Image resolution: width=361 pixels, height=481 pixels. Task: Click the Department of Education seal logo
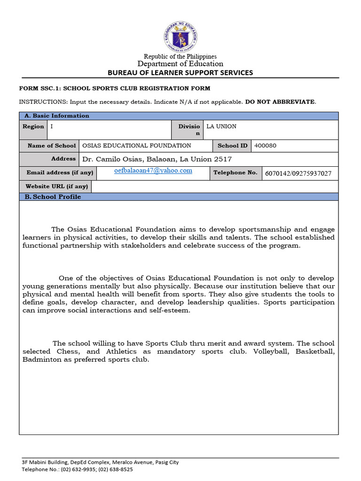[x=180, y=37]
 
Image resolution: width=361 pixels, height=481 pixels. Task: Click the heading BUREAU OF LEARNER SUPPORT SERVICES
[x=180, y=72]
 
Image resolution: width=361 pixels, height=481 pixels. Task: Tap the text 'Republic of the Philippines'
[x=180, y=56]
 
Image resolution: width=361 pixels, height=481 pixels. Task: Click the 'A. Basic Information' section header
[x=57, y=116]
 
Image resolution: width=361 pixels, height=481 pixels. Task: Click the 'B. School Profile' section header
[x=53, y=197]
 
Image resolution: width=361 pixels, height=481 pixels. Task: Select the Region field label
[x=33, y=126]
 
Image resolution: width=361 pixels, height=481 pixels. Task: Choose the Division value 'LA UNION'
[x=221, y=126]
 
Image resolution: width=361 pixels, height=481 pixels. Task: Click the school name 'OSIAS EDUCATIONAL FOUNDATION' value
[x=137, y=146]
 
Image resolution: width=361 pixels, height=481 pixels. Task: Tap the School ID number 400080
[x=265, y=146]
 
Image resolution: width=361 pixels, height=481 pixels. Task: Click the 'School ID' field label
[x=232, y=146]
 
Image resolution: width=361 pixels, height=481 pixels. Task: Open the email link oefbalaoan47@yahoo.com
[x=153, y=171]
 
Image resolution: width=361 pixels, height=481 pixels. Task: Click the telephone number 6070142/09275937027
[x=298, y=173]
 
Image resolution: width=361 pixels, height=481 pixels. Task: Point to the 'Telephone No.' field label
[x=235, y=172]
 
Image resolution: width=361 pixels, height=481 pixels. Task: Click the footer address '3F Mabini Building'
[x=47, y=462]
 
